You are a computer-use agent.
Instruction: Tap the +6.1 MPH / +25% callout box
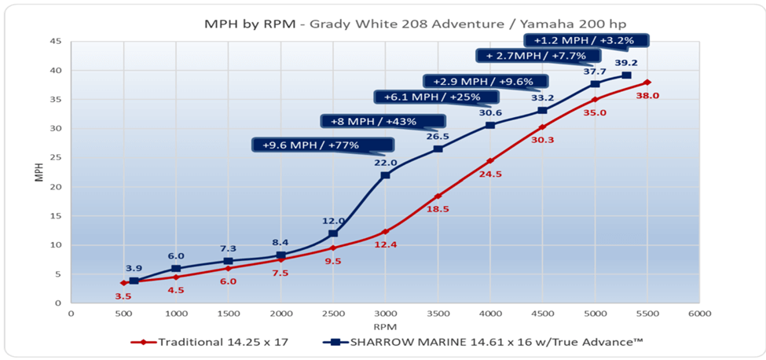(x=428, y=97)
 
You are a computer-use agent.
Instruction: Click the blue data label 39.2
(x=627, y=63)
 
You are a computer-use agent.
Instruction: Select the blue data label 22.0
(x=385, y=162)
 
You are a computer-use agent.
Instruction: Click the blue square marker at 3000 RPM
(x=385, y=174)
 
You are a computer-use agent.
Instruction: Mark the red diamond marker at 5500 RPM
(x=647, y=82)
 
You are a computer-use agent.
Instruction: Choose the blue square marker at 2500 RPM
(x=333, y=233)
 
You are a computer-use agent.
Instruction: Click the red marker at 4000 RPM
(x=490, y=160)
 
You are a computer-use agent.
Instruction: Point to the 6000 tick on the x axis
(x=699, y=314)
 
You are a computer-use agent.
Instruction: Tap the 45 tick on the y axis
(x=57, y=42)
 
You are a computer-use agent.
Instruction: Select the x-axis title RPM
(x=384, y=325)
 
